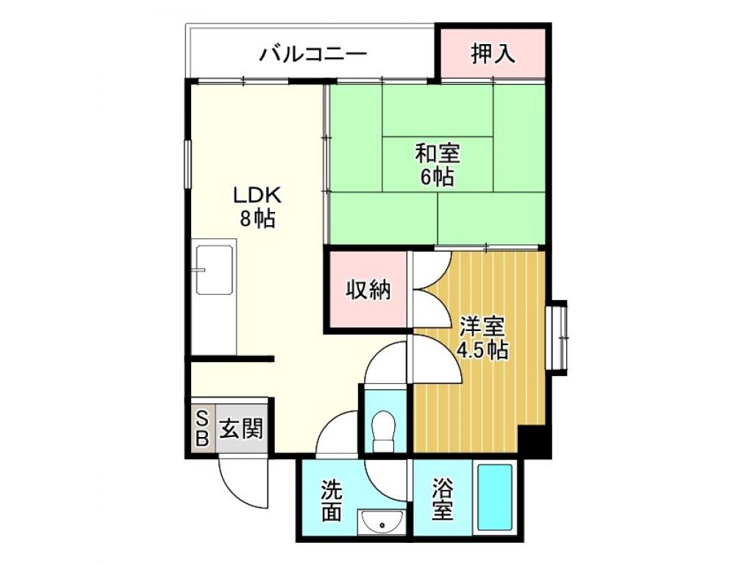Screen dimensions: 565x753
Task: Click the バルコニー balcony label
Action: click(313, 54)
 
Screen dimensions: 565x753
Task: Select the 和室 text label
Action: click(438, 154)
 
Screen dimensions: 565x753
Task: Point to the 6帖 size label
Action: click(438, 177)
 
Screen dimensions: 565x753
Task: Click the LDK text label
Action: click(257, 196)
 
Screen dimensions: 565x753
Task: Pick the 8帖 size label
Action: click(257, 218)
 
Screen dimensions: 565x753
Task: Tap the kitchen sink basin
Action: click(214, 270)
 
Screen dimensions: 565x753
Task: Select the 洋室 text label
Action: click(482, 327)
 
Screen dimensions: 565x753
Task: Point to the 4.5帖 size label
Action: click(482, 349)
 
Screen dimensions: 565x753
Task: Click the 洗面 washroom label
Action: click(332, 500)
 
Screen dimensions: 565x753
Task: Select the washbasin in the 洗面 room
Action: click(382, 522)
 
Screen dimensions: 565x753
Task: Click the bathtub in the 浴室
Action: click(495, 498)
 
